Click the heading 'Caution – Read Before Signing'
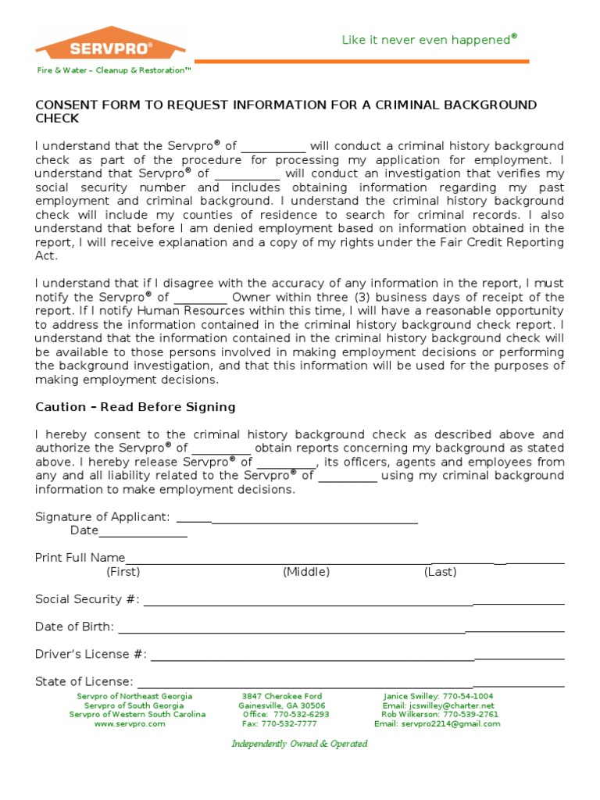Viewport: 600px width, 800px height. click(135, 407)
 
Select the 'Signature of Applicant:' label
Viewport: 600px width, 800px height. click(102, 516)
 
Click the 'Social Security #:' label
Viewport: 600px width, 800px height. click(87, 599)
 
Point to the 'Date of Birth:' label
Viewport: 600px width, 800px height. click(75, 627)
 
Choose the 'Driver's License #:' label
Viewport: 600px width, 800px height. click(91, 654)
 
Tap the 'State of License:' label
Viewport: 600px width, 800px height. click(84, 681)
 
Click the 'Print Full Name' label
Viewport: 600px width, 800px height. click(80, 557)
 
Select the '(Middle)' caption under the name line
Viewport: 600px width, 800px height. click(306, 572)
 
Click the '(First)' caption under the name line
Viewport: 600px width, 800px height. click(123, 572)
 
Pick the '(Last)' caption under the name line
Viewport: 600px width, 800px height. click(441, 572)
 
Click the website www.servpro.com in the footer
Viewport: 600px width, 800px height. click(130, 724)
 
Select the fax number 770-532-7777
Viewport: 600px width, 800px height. click(280, 724)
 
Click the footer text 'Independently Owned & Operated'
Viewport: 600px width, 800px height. click(299, 744)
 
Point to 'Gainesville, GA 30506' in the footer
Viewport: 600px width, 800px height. click(282, 705)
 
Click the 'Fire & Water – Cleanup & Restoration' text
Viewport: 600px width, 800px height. click(114, 70)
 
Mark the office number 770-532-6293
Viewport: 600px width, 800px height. click(286, 715)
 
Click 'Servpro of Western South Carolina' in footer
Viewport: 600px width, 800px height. click(137, 715)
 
